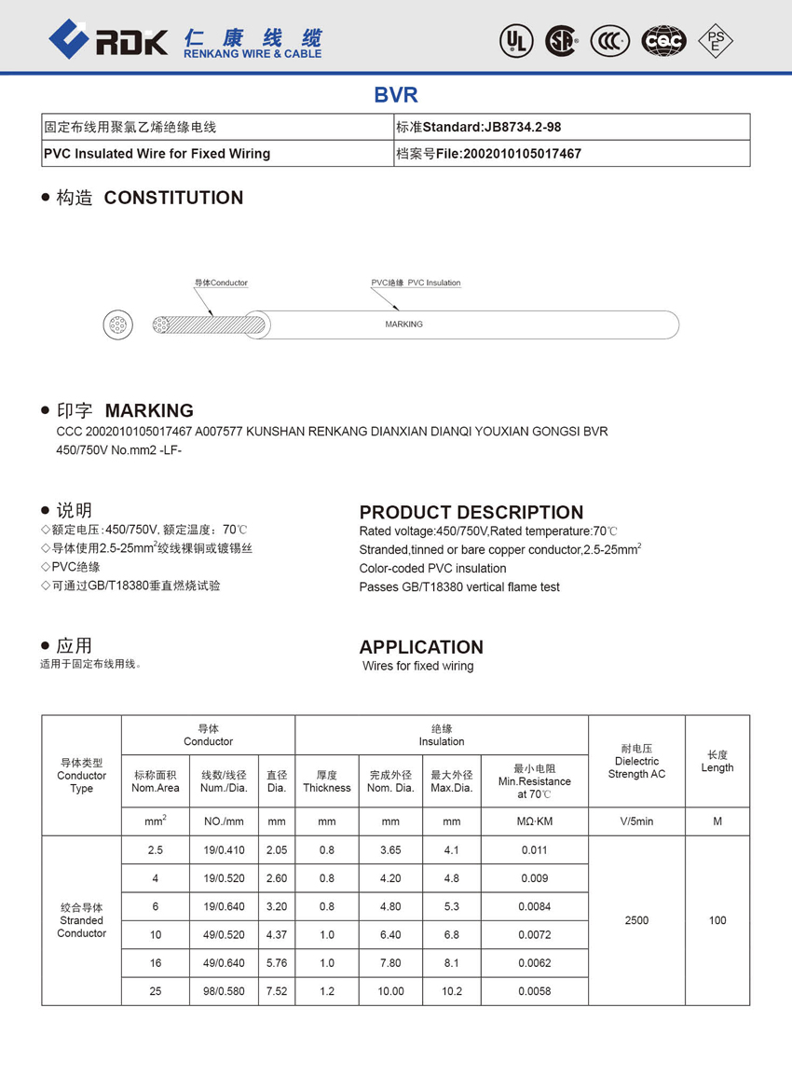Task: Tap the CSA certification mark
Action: (x=561, y=40)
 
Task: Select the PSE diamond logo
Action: (x=715, y=40)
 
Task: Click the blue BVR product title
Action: (x=396, y=94)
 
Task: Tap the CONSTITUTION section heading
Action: (x=173, y=198)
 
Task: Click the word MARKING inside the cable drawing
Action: (x=403, y=324)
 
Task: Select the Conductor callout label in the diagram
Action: (x=221, y=283)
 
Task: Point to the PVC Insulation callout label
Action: (x=416, y=283)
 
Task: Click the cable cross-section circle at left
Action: (x=117, y=325)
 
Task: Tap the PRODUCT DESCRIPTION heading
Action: (x=471, y=512)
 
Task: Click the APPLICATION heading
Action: (x=421, y=647)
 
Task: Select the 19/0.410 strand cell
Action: (x=223, y=850)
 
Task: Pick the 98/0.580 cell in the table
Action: (x=223, y=991)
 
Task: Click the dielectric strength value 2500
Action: (x=636, y=920)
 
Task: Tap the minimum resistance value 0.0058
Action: (x=534, y=991)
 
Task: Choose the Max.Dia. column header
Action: (x=451, y=781)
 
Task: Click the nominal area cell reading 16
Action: (x=156, y=963)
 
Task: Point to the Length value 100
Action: (x=717, y=920)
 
